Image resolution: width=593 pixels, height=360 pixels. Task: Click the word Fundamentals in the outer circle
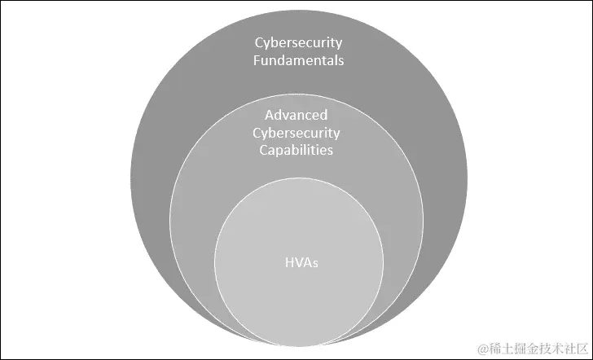tap(297, 60)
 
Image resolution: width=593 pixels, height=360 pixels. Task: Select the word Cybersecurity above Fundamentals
tap(297, 42)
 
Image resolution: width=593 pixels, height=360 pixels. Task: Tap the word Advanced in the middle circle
tap(296, 115)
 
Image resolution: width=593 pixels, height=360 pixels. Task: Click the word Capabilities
tap(296, 150)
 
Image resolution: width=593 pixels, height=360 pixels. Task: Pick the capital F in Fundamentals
tap(255, 60)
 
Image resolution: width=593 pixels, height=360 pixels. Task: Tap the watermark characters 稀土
tap(500, 348)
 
